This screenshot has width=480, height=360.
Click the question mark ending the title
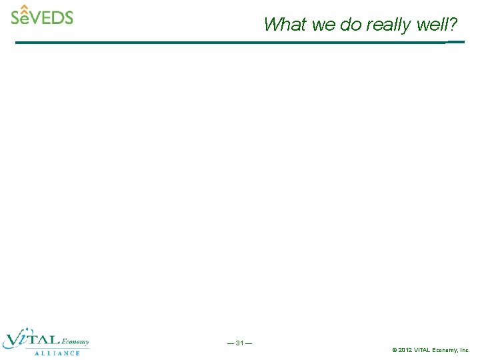(x=453, y=25)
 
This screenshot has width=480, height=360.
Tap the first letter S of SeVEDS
(x=16, y=17)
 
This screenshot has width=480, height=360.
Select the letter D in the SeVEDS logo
(x=56, y=17)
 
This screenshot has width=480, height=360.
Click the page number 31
(x=239, y=343)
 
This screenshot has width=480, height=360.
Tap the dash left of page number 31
(x=231, y=343)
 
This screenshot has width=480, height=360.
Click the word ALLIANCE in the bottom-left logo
(x=57, y=353)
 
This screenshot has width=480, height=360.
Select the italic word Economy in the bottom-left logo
(x=75, y=342)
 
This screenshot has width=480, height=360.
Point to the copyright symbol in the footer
(x=395, y=350)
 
